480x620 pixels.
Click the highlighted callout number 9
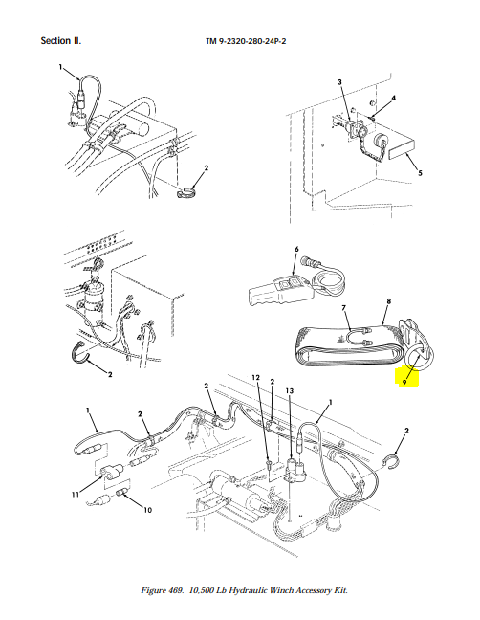tap(404, 383)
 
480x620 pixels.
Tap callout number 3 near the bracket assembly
tap(339, 82)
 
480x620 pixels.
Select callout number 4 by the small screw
tap(394, 98)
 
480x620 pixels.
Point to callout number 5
tap(420, 173)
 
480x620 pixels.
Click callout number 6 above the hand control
tap(296, 249)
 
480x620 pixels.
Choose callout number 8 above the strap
tap(389, 301)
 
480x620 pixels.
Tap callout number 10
tap(147, 510)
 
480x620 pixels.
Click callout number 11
tap(76, 494)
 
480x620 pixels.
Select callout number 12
tap(255, 378)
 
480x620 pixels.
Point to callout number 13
tap(290, 391)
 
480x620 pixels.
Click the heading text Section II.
tap(61, 41)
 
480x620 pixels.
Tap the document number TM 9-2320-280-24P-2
tap(246, 41)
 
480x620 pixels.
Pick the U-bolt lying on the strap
tap(360, 336)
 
